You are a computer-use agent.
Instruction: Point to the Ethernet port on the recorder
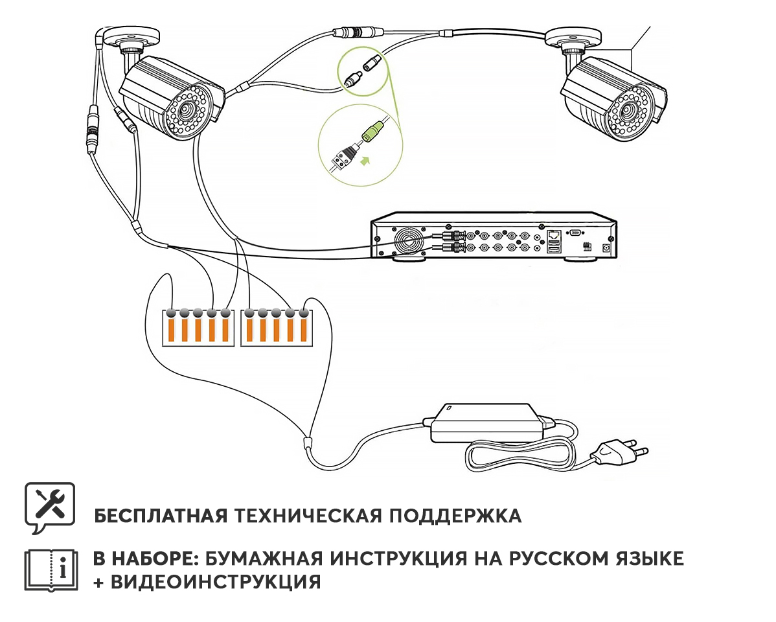pyautogui.click(x=554, y=236)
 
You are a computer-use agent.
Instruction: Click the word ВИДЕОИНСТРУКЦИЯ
pyautogui.click(x=215, y=581)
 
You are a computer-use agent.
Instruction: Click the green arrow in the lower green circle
pyautogui.click(x=366, y=159)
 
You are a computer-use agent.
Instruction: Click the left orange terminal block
pyautogui.click(x=197, y=327)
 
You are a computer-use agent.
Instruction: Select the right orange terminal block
pyautogui.click(x=276, y=327)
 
